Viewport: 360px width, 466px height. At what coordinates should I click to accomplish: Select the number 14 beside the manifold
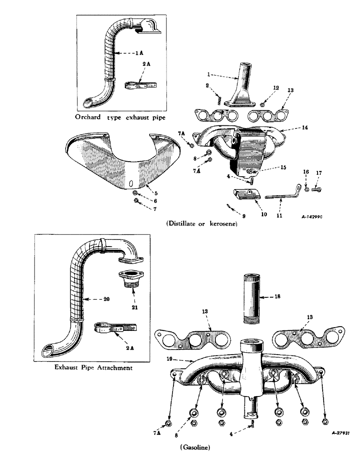[x=305, y=127]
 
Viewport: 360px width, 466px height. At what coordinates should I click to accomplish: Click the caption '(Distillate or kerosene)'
[x=201, y=224]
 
